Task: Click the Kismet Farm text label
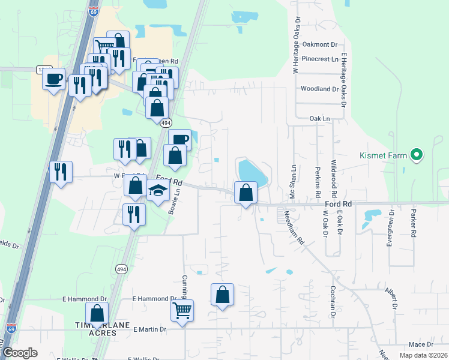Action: point(384,155)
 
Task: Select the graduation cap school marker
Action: point(157,192)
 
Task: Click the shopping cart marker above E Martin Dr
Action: point(182,311)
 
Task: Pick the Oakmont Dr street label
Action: point(320,44)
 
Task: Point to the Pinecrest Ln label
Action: point(320,59)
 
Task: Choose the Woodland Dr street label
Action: point(320,89)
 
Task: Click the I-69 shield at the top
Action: point(93,11)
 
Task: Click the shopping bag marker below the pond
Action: point(246,193)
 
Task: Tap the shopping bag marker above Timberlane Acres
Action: point(97,313)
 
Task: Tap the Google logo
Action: point(19,353)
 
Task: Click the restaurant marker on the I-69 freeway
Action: point(61,172)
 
